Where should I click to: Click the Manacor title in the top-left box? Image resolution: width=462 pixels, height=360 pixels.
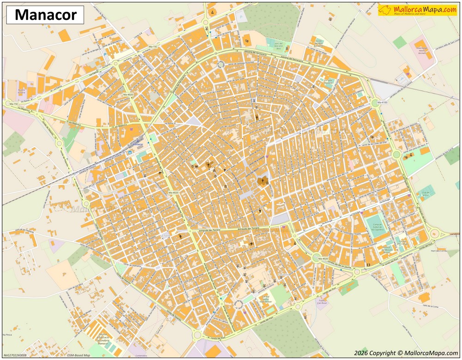[45, 15]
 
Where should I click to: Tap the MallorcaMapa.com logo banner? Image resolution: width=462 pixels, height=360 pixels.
[417, 10]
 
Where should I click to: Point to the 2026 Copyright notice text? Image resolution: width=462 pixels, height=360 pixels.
[406, 353]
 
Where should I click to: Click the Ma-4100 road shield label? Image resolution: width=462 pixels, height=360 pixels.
[382, 102]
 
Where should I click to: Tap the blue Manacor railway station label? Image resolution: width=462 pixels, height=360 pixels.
[138, 144]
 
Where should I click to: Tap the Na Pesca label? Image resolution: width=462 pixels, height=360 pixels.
[6, 334]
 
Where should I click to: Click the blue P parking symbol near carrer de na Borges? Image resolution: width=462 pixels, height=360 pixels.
[104, 54]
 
